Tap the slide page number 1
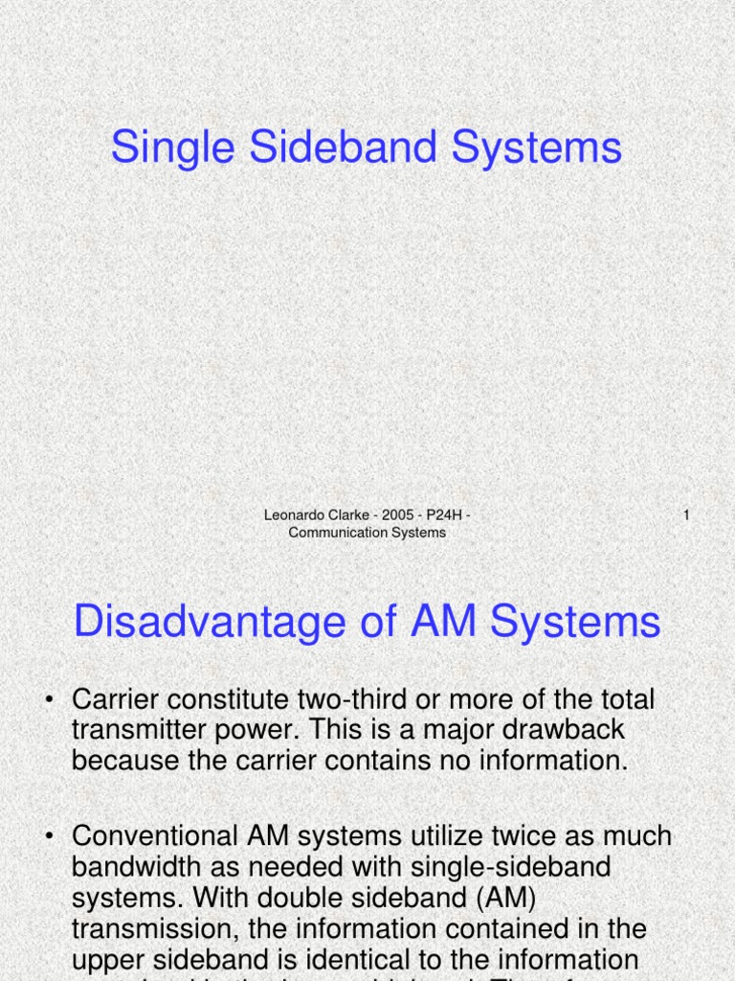(x=686, y=516)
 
